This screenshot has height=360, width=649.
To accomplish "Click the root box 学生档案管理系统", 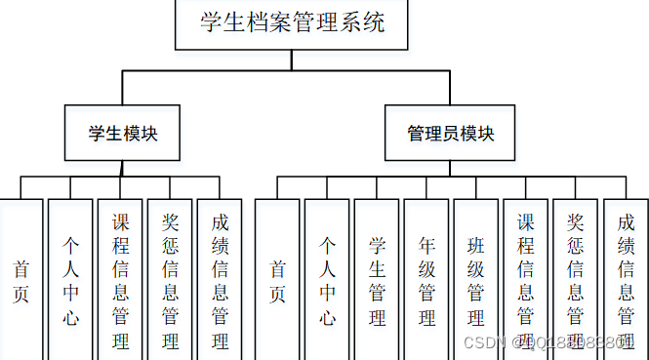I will (291, 24).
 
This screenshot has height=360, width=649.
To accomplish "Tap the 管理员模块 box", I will (451, 134).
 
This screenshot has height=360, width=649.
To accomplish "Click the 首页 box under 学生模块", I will (20, 280).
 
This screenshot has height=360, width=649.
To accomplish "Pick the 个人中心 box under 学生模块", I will (70, 280).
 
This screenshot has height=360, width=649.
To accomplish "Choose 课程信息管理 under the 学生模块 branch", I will (120, 280).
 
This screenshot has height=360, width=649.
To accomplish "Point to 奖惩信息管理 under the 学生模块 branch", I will (170, 280).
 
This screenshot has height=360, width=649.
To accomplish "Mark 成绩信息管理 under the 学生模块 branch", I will (220, 280).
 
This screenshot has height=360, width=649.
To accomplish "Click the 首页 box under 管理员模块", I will (277, 280).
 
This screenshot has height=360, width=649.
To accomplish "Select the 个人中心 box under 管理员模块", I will (327, 280).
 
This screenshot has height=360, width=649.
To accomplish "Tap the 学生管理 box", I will (377, 280).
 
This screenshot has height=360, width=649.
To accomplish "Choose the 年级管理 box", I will (426, 280).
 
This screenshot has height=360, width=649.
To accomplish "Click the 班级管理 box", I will (476, 280).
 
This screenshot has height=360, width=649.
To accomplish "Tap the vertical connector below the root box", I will (291, 60).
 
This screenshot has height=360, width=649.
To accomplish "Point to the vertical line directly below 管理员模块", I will (451, 169).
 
